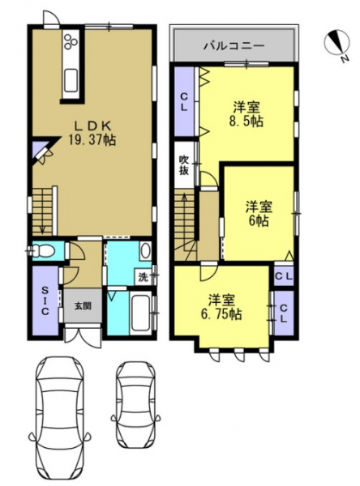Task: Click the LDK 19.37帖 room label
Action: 92,133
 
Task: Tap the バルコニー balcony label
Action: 234,46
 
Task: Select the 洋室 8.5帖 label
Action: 246,114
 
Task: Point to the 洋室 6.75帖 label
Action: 221,307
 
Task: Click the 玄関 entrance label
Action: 83,306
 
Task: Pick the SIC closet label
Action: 45,301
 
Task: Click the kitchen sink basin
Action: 71,81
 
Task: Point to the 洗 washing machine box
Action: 144,276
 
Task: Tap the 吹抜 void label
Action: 184,165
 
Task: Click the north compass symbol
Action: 337,45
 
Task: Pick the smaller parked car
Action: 136,406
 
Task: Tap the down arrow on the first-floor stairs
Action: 42,224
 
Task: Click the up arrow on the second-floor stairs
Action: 185,205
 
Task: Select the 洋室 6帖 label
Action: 259,214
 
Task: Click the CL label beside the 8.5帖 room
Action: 184,103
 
